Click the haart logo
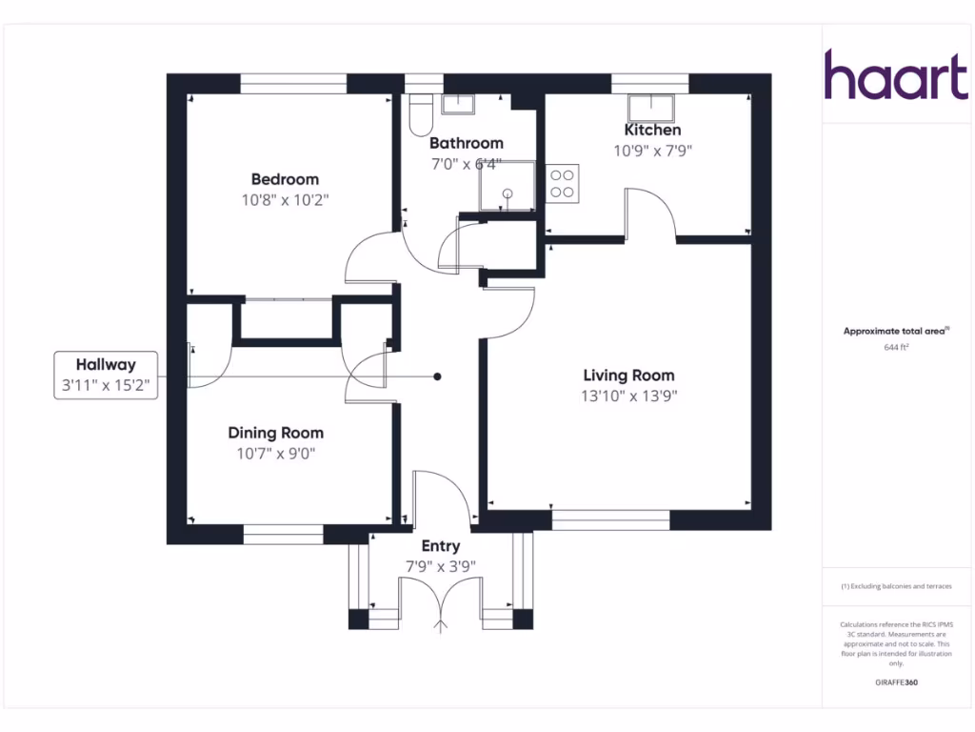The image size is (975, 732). (x=895, y=75)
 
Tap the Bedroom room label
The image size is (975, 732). (x=285, y=179)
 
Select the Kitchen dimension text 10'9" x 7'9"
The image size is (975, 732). (x=652, y=150)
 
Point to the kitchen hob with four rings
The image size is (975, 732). (x=563, y=183)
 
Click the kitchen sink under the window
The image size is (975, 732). (x=651, y=105)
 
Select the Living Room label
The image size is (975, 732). (x=628, y=376)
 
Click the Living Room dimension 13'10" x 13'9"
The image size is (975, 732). (x=628, y=396)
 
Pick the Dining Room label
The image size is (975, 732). (x=275, y=433)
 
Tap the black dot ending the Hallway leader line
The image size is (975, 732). (x=438, y=376)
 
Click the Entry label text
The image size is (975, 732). (x=440, y=546)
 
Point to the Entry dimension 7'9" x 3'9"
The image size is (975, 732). (x=440, y=565)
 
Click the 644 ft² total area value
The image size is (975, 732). (x=896, y=348)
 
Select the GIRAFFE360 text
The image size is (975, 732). (x=896, y=682)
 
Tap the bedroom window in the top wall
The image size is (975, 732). (x=292, y=84)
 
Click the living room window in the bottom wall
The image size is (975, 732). (x=610, y=520)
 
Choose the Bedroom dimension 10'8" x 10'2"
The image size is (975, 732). (x=285, y=199)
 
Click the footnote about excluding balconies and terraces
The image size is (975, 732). (x=896, y=586)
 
